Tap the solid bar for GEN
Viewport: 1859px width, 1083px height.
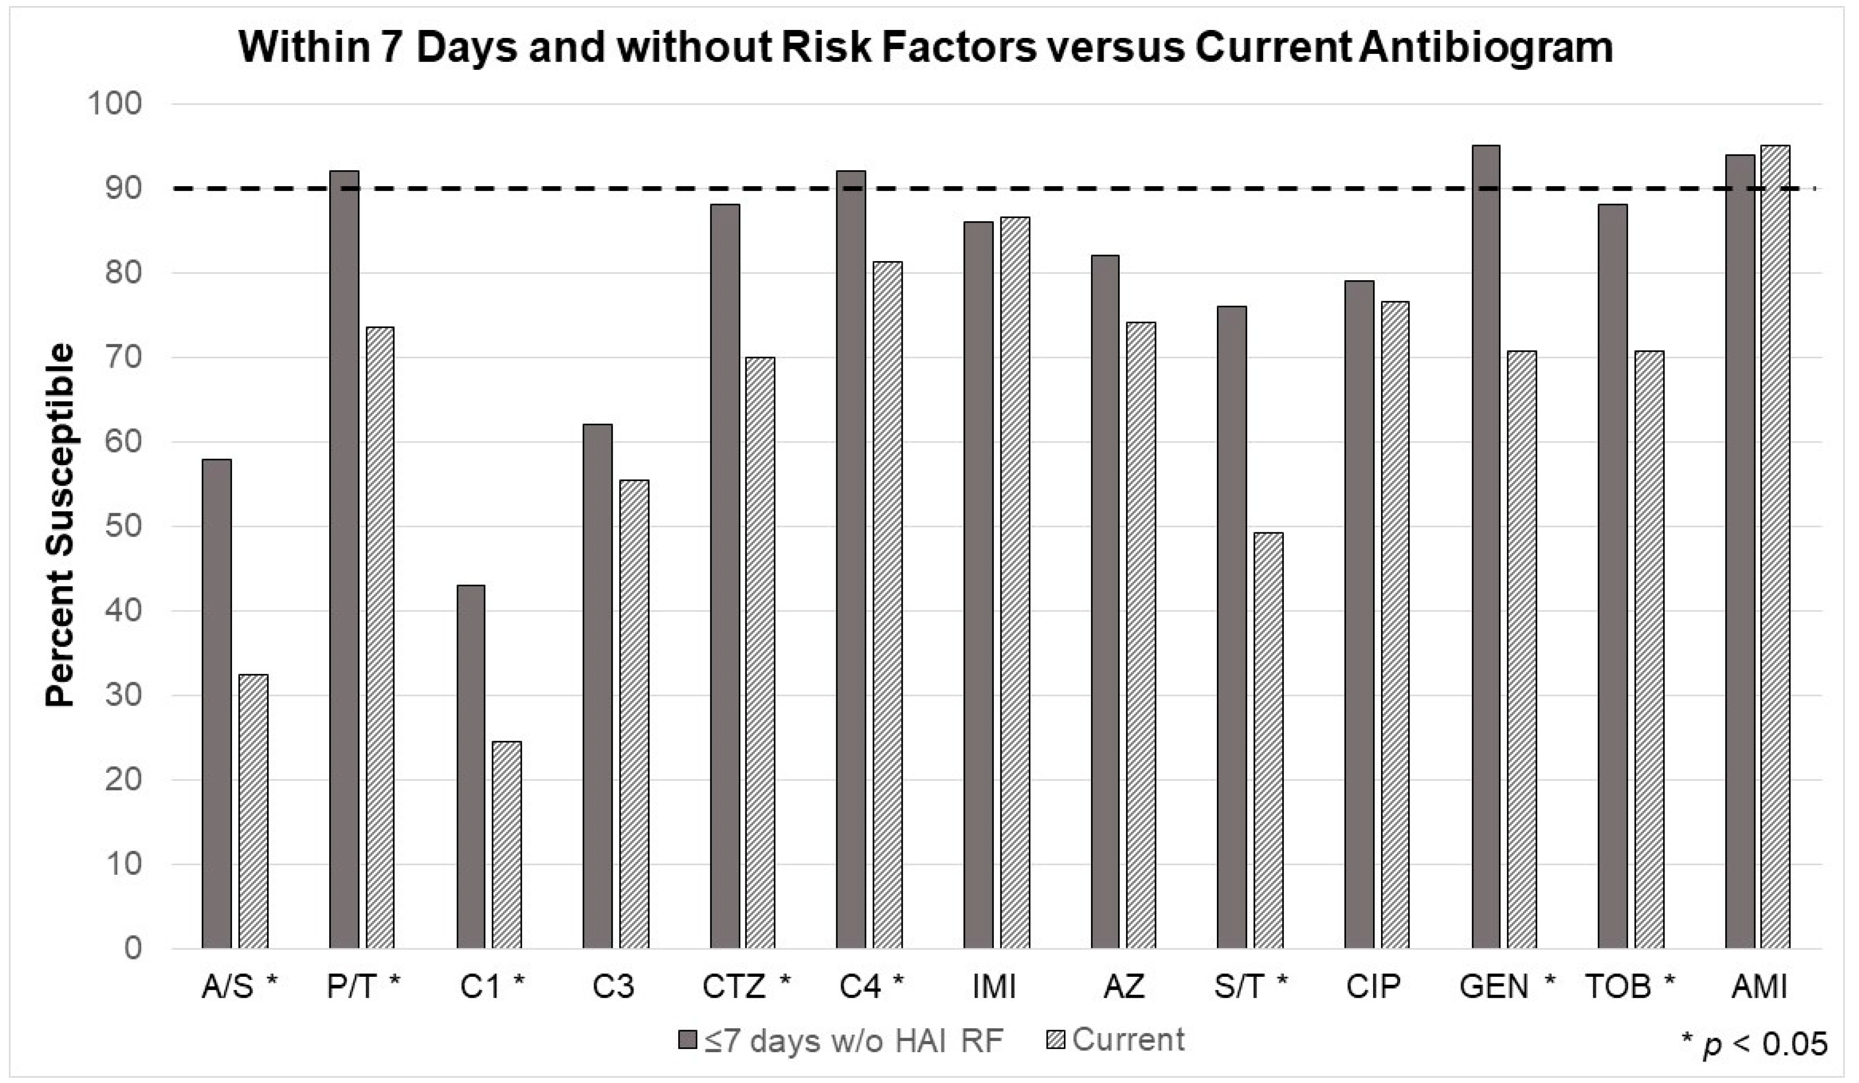(x=1486, y=546)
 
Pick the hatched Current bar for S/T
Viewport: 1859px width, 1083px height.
(x=1268, y=740)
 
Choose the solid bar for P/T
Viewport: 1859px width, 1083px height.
(x=344, y=559)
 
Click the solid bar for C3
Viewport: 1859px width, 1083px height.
(x=598, y=686)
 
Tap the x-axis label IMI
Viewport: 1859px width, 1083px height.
(x=994, y=986)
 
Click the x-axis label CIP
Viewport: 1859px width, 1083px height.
(x=1373, y=986)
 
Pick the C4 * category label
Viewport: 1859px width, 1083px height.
(x=870, y=986)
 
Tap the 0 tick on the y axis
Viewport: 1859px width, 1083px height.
(x=133, y=949)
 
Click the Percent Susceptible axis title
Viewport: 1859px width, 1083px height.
(x=60, y=525)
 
